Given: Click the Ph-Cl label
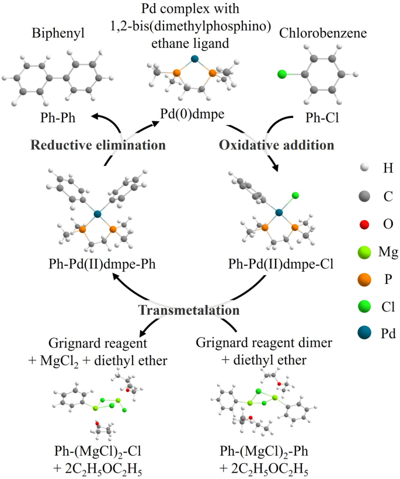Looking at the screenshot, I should click(x=322, y=117).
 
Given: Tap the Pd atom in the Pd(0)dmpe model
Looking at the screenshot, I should click(x=194, y=58).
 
